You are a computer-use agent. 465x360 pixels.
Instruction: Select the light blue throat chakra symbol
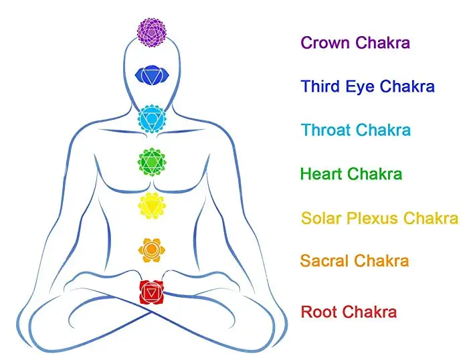152,119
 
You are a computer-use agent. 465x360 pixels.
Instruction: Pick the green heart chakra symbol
152,161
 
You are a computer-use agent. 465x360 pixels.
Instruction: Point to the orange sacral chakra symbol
151,249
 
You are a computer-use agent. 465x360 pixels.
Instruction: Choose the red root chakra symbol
152,292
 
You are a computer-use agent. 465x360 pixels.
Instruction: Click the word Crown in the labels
326,43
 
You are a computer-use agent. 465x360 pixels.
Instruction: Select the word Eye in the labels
362,87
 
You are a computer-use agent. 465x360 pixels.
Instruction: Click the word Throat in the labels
326,130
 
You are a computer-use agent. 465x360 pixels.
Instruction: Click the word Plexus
373,218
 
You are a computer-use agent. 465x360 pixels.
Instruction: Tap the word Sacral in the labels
325,261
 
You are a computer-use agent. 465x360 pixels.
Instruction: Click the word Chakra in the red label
369,312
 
